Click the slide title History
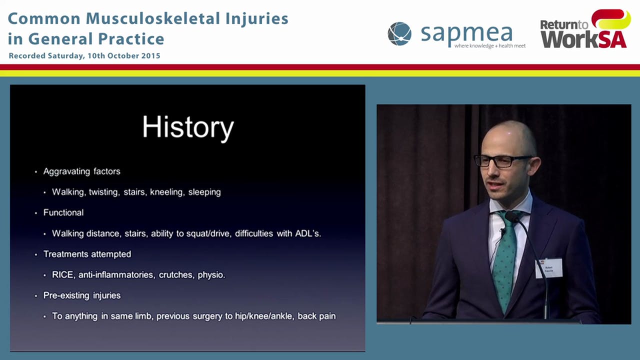(188, 127)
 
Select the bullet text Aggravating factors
(81, 171)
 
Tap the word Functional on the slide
(63, 212)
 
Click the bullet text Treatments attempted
(87, 254)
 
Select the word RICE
(62, 275)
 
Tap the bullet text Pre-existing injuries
(81, 295)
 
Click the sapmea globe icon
(399, 34)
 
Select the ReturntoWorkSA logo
(584, 30)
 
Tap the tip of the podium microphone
(511, 216)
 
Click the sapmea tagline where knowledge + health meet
(489, 46)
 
